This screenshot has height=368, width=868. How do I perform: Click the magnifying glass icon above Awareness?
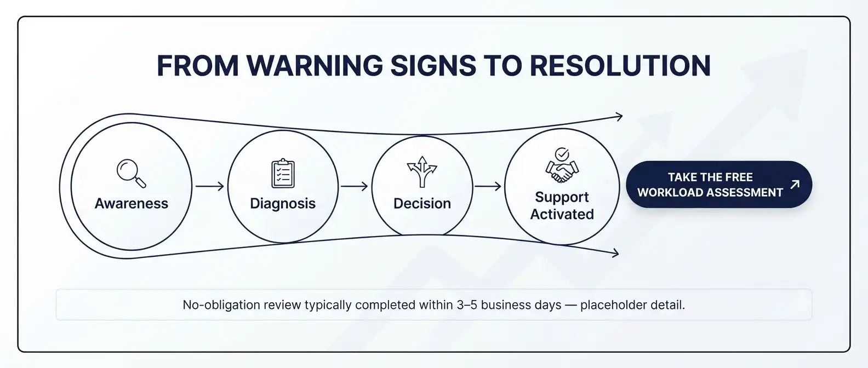(132, 173)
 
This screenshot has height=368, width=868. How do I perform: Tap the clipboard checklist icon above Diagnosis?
(283, 173)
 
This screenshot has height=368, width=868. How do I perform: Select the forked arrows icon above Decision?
(422, 171)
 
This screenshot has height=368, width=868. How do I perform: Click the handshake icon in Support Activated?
(562, 171)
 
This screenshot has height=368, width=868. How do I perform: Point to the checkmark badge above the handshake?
(562, 154)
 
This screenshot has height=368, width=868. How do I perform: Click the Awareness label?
(132, 203)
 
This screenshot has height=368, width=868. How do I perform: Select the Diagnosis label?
(283, 204)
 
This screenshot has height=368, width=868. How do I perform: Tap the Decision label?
(422, 203)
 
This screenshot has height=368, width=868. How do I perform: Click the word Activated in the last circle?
(562, 214)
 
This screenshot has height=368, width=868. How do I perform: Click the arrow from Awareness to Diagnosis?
(210, 186)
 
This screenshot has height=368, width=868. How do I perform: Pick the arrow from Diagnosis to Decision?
(354, 186)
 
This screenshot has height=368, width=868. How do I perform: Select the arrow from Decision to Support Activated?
(488, 186)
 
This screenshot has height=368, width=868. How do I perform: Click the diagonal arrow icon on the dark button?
(795, 185)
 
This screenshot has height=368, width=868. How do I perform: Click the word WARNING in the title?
(314, 66)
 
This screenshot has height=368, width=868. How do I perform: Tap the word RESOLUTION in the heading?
(620, 66)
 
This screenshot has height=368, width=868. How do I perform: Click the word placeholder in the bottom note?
(613, 305)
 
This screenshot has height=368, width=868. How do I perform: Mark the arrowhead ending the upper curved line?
(619, 116)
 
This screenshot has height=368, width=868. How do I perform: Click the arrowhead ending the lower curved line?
(615, 254)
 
